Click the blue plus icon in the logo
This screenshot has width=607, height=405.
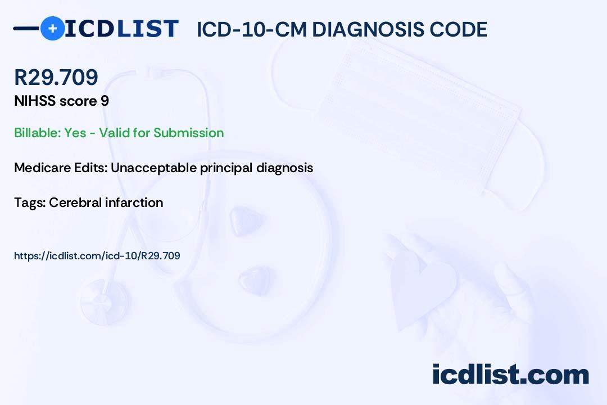point(53,28)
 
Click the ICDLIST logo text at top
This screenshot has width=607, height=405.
point(121,29)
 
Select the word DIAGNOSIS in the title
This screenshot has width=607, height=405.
point(363,29)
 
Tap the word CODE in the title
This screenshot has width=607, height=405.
point(454,29)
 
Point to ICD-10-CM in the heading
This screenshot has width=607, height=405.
point(251,29)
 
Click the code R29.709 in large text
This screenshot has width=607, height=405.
point(56,76)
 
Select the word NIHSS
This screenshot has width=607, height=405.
point(35,101)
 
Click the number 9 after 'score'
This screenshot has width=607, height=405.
point(105,101)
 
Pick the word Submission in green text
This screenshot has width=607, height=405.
point(188,133)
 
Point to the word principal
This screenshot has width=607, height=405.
point(227,168)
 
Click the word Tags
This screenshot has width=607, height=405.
point(30,202)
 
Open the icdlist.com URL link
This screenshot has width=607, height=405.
point(97,256)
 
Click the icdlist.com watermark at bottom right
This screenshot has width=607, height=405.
point(511,374)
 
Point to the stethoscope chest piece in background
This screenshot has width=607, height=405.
point(105,302)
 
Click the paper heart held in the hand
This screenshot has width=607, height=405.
point(422,287)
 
